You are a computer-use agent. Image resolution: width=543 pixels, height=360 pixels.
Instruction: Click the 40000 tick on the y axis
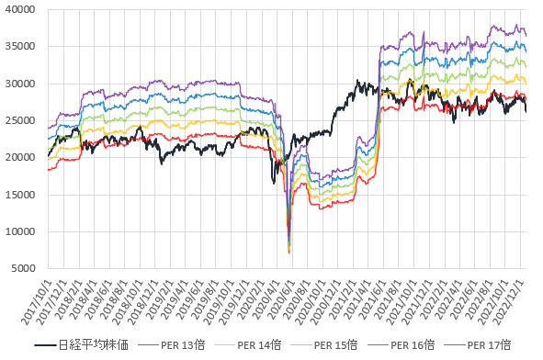pos(20,9)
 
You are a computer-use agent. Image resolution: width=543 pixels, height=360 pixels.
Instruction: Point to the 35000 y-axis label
pos(20,47)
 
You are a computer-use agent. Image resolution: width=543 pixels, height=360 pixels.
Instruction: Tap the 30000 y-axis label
pos(20,84)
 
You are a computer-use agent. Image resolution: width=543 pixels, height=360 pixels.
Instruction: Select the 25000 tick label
pos(20,120)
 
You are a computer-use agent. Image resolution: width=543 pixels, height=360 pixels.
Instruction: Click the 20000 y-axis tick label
pos(20,158)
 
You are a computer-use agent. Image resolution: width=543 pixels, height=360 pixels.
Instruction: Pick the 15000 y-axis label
pos(20,195)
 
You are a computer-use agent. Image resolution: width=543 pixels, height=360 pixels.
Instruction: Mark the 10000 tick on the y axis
pos(20,231)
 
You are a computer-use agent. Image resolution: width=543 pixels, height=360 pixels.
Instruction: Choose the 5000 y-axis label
pos(23,268)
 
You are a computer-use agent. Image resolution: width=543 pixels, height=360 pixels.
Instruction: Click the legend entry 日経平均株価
pos(94,345)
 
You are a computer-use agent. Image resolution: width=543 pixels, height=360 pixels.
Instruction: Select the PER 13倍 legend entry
pos(183,345)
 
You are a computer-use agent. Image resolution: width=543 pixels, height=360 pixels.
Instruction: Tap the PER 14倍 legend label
pos(259,345)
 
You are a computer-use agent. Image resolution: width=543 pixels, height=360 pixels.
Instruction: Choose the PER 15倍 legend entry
pos(335,345)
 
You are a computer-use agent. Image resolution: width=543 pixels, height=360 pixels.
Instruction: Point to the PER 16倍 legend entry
pos(413,345)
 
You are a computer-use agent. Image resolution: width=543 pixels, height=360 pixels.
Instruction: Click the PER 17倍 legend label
pos(489,345)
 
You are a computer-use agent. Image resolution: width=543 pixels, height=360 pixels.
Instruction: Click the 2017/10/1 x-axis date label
pos(37,302)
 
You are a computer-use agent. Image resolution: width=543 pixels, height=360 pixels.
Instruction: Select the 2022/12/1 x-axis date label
pos(509,302)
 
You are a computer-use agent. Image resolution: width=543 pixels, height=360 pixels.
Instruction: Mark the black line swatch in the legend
pos(45,345)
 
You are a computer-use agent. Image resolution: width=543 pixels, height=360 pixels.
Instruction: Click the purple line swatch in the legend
pos(455,345)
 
